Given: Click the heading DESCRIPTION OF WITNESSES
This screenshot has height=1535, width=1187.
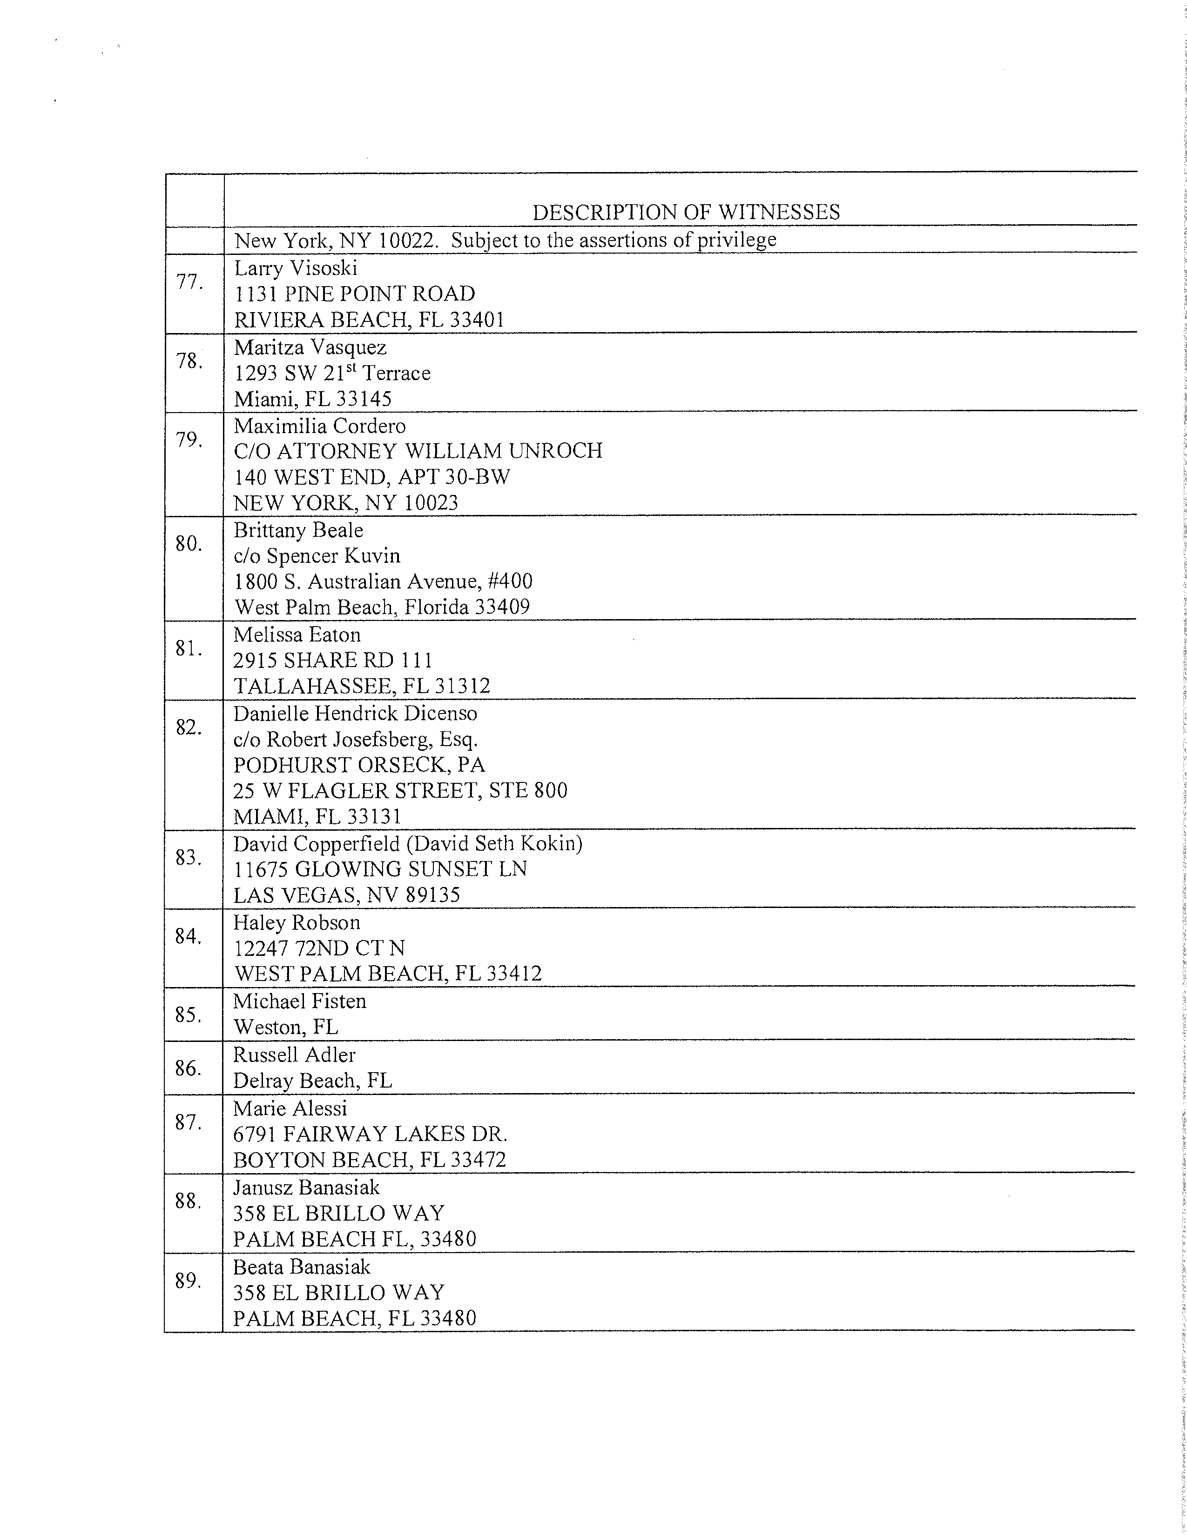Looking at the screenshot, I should point(686,212).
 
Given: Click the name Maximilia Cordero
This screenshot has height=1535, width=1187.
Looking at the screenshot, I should point(319,426).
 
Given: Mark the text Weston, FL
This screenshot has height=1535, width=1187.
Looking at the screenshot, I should point(285,1027).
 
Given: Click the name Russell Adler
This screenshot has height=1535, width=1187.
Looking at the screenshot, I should point(294,1055).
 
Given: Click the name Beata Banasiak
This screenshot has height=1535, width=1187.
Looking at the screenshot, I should point(301,1267).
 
